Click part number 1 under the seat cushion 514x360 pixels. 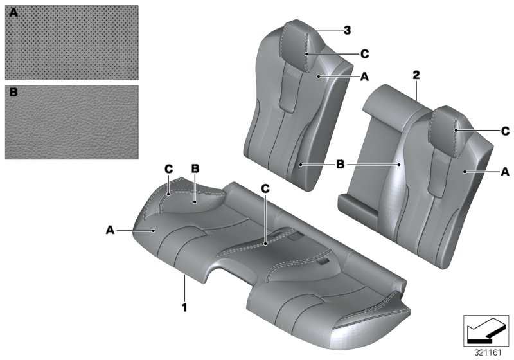pyautogui.click(x=184, y=307)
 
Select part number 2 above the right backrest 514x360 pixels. pyautogui.click(x=416, y=76)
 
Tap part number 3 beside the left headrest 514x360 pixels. pyautogui.click(x=347, y=30)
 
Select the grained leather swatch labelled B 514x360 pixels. pyautogui.click(x=71, y=122)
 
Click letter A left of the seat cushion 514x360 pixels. pyautogui.click(x=111, y=228)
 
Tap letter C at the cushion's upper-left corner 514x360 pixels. pyautogui.click(x=168, y=168)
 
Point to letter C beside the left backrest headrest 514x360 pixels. pyautogui.click(x=365, y=53)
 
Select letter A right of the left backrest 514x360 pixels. pyautogui.click(x=364, y=76)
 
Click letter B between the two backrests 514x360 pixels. pyautogui.click(x=341, y=165)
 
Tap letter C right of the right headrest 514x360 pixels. pyautogui.click(x=504, y=130)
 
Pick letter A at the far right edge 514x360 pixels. pyautogui.click(x=504, y=172)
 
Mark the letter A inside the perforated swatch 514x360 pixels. pyautogui.click(x=13, y=13)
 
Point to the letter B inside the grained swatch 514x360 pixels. pyautogui.click(x=13, y=93)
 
